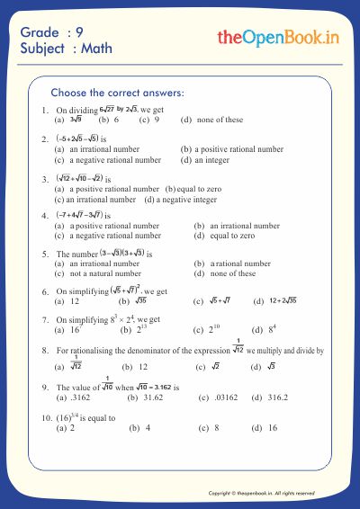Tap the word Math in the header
(97, 49)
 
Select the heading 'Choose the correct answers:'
(118, 93)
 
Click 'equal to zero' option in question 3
(200, 189)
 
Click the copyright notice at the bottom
(261, 493)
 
